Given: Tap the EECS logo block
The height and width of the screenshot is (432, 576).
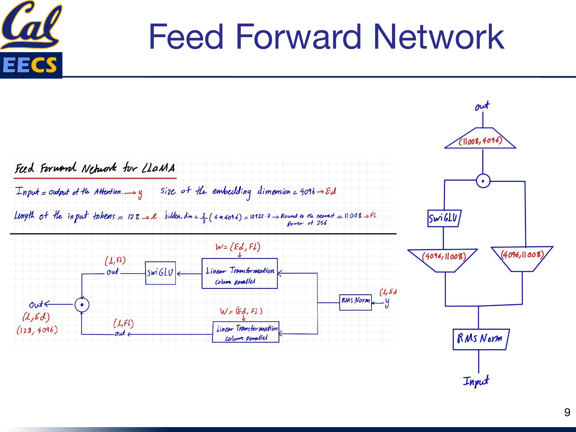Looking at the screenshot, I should (x=31, y=65).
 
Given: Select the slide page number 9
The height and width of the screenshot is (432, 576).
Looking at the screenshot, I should (x=567, y=412).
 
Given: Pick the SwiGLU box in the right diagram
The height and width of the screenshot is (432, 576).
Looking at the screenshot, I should (x=444, y=218).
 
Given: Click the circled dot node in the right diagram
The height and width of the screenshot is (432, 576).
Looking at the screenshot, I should (x=483, y=181).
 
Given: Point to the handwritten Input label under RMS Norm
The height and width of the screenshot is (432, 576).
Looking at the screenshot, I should (x=476, y=381).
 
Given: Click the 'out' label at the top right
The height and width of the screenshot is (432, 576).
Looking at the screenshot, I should (x=482, y=106).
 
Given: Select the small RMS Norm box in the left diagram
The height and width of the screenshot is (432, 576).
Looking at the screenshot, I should (x=355, y=302).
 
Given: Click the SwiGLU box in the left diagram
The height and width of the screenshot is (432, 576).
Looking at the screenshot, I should (x=160, y=273).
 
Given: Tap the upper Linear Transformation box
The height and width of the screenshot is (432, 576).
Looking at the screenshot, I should (x=240, y=273).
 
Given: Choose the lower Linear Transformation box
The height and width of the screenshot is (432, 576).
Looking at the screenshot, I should (x=246, y=332).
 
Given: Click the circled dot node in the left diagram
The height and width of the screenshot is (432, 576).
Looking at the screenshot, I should (x=82, y=305).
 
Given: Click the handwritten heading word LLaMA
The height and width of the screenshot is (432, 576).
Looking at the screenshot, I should (x=159, y=168).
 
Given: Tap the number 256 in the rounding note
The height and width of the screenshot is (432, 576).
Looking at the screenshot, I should (x=322, y=223).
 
